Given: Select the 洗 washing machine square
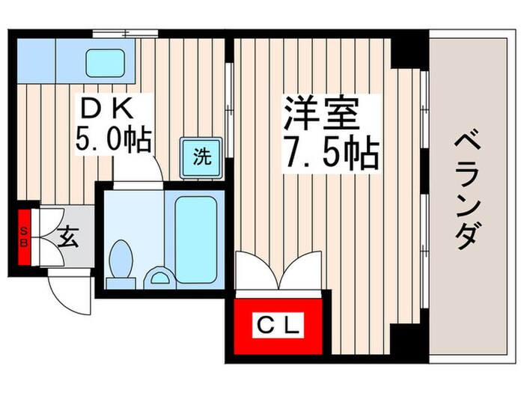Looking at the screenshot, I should [202, 156].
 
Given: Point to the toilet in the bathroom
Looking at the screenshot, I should [121, 262].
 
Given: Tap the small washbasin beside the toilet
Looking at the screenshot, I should [159, 278].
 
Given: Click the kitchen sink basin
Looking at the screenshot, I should [103, 62].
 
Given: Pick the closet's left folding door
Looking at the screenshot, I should [253, 269].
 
